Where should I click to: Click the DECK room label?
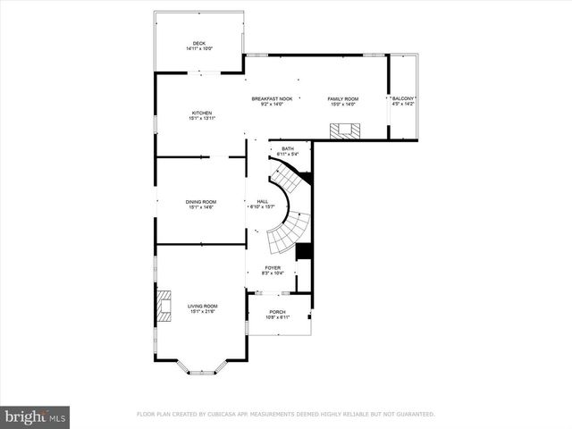pyautogui.click(x=199, y=44)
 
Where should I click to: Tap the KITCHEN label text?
pyautogui.click(x=201, y=113)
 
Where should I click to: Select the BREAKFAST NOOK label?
pyautogui.click(x=272, y=98)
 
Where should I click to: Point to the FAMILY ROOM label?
pyautogui.click(x=342, y=98)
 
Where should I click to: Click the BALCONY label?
pyautogui.click(x=404, y=98)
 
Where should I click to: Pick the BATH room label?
pyautogui.click(x=288, y=148)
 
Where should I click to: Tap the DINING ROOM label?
pyautogui.click(x=201, y=202)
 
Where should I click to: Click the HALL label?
pyautogui.click(x=263, y=202)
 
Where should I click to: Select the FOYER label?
pyautogui.click(x=272, y=267)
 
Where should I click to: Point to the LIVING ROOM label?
pyautogui.click(x=203, y=306)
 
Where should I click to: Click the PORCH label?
pyautogui.click(x=278, y=312)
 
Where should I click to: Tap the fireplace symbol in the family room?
pyautogui.click(x=343, y=130)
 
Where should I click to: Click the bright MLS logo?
pyautogui.click(x=36, y=416)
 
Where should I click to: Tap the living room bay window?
pyautogui.click(x=201, y=368)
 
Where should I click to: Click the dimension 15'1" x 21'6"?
pyautogui.click(x=203, y=311)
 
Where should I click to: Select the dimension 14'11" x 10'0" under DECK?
pyautogui.click(x=199, y=49)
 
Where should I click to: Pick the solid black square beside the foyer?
pyautogui.click(x=303, y=252)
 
